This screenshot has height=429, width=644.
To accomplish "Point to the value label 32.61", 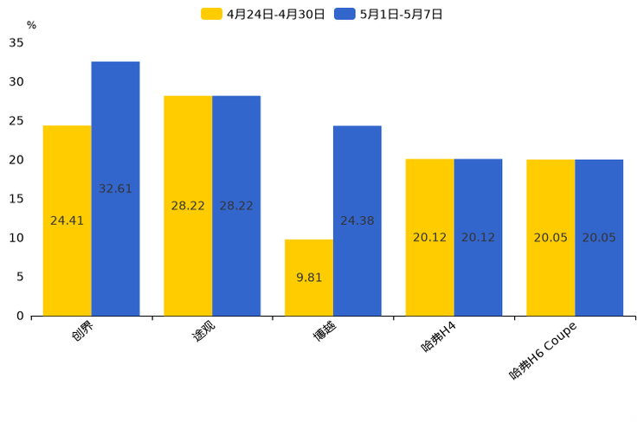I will coord(115,189).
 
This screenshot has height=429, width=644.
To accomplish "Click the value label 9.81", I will coord(309,278).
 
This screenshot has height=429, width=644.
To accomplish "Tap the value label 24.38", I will coord(357,221).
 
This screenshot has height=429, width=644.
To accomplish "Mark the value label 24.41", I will coord(67,221).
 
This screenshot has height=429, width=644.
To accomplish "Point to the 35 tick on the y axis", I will coord(16,42).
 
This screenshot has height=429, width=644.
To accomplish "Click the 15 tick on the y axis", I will coord(16,199).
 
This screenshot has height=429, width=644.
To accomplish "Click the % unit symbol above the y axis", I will coord(31,25).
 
